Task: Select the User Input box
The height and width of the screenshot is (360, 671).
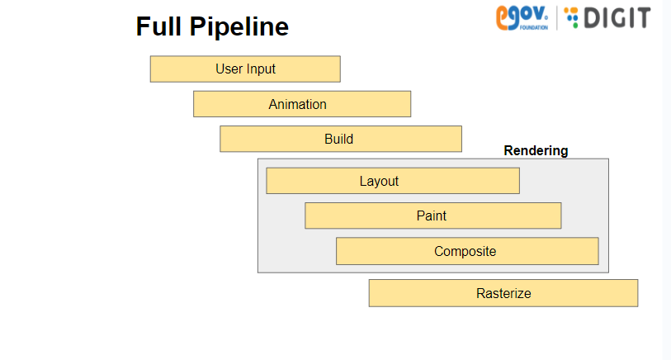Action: point(245,69)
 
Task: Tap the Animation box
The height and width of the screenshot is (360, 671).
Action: point(302,104)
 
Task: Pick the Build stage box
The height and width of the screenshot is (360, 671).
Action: point(341,139)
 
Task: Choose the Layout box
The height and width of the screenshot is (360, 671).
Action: point(393,181)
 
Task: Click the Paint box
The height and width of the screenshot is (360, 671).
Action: point(433,216)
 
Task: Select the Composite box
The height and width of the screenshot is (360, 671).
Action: point(467,251)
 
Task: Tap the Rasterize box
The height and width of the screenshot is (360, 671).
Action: point(503,293)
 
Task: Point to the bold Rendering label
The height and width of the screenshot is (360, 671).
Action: point(536,150)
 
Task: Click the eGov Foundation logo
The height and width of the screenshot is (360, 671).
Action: point(522,18)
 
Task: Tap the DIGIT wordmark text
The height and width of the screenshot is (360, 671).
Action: point(617,18)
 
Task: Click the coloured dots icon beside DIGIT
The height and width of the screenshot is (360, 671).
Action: point(571,17)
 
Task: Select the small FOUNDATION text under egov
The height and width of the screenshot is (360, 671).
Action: point(534,28)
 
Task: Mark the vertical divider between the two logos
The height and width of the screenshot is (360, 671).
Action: point(557,18)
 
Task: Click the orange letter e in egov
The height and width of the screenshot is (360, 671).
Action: point(503,18)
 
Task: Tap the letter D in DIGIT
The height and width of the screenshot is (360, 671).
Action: point(593,18)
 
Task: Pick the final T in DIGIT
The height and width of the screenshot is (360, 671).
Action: point(643,18)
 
